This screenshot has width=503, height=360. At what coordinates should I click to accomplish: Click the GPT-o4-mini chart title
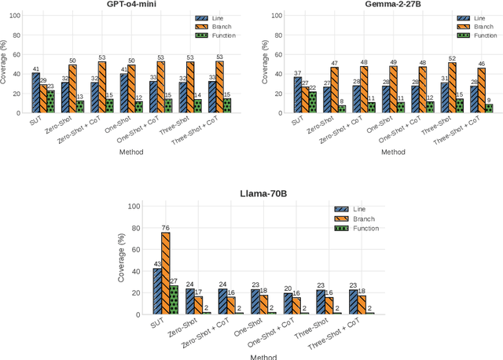tap(131, 5)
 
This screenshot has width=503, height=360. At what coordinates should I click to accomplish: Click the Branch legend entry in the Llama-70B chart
tap(363, 219)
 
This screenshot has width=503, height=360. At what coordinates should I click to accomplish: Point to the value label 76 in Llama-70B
tap(166, 228)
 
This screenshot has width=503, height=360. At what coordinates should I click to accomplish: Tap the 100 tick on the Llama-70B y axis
tap(134, 206)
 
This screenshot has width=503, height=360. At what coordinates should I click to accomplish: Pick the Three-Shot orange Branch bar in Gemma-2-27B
tap(452, 88)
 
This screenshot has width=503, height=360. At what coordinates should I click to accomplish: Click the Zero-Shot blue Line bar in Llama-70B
tap(190, 302)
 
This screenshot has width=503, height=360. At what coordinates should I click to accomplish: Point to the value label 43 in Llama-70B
tap(157, 263)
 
